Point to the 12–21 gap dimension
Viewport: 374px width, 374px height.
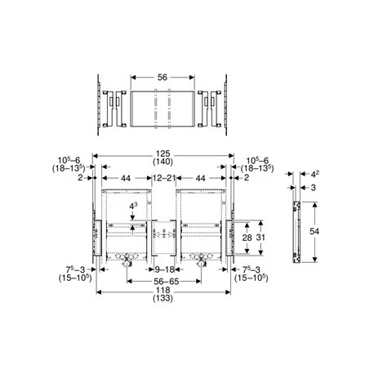(x=163, y=178)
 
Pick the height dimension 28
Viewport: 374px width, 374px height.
(x=246, y=237)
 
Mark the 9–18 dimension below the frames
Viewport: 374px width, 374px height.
(x=163, y=268)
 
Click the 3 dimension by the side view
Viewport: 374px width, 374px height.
(x=314, y=187)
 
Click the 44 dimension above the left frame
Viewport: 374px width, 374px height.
(x=125, y=178)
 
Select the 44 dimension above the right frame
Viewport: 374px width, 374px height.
(x=200, y=178)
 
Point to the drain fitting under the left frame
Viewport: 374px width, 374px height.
(x=125, y=261)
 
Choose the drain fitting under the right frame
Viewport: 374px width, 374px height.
(x=199, y=261)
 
